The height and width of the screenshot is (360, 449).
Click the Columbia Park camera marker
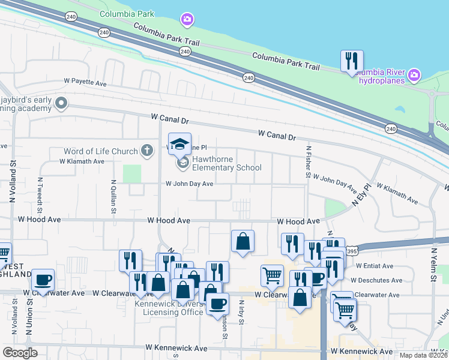pos(187,20)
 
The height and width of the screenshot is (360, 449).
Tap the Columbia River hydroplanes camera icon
pos(413,76)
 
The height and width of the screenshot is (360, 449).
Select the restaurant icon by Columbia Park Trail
pos(351,61)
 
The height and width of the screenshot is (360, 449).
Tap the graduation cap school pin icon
pos(179,143)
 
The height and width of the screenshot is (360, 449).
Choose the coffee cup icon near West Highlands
pos(43,280)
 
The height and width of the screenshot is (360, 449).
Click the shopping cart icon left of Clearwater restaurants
pos(272,276)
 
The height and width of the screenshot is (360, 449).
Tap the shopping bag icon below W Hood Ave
pos(243,241)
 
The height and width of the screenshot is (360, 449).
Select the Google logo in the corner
pos(20,353)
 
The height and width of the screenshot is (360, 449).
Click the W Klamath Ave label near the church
pos(82,161)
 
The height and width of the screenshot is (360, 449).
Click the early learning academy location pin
pos(61,104)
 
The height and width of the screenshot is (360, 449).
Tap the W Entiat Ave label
pos(374,266)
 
